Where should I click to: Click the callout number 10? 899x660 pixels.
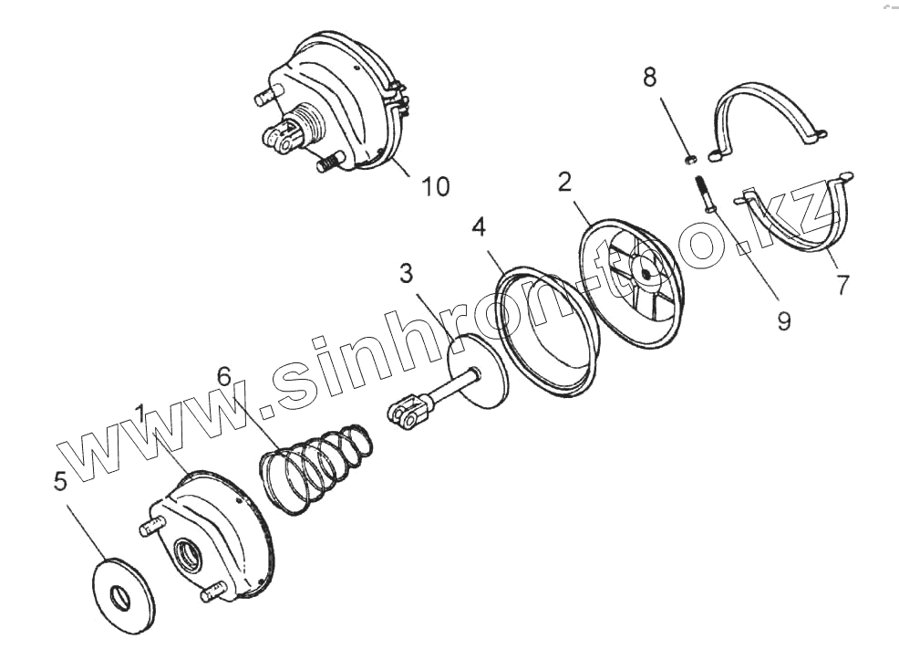tap(435, 186)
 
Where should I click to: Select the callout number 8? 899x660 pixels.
tap(649, 78)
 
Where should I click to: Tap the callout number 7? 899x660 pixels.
tap(842, 283)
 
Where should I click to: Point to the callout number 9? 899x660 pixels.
tap(781, 320)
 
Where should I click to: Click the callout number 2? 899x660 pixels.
tap(565, 183)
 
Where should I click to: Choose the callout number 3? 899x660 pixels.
tap(406, 272)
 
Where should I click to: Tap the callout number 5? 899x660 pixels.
tap(60, 481)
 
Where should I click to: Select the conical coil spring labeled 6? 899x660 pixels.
tap(315, 462)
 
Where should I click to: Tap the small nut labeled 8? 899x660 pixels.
tap(691, 161)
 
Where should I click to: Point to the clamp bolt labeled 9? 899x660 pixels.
tap(705, 192)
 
